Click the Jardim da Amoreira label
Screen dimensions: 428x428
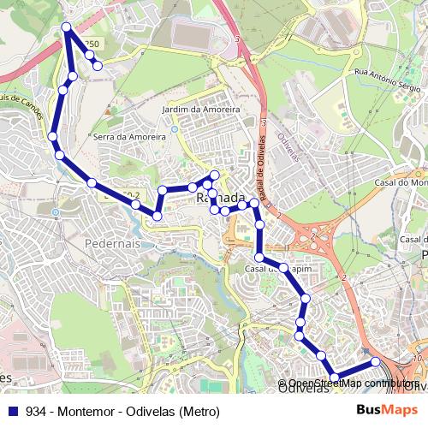(x=200, y=110)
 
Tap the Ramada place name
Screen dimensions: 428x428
(x=221, y=199)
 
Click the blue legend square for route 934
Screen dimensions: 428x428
(x=14, y=412)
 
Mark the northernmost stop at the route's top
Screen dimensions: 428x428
(x=66, y=28)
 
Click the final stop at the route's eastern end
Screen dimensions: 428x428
(x=375, y=362)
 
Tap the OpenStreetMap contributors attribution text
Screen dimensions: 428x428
(x=351, y=383)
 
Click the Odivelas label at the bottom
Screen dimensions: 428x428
(x=304, y=389)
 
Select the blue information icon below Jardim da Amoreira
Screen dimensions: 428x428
(x=174, y=128)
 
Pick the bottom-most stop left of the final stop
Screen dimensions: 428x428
(x=335, y=377)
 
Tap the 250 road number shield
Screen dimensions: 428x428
(x=92, y=45)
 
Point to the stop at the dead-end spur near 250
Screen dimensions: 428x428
(x=98, y=65)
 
